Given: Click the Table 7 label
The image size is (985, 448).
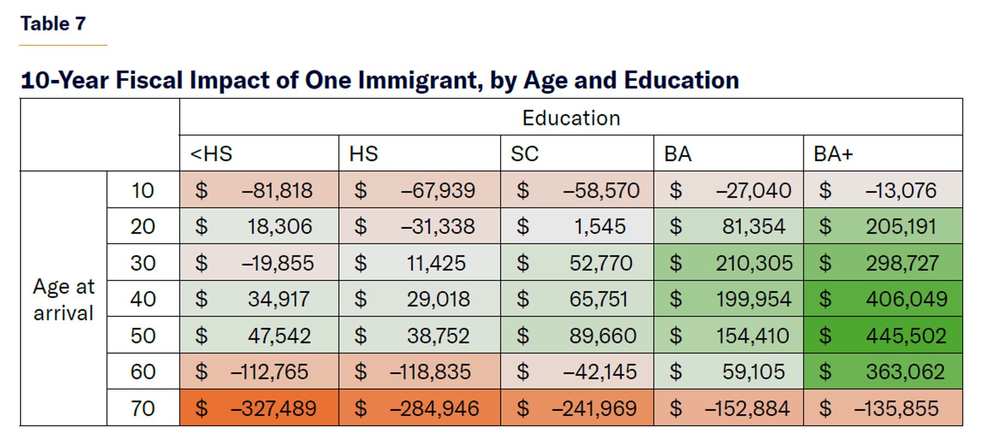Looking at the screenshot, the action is pyautogui.click(x=53, y=24).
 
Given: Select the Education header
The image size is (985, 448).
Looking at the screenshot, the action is pyautogui.click(x=571, y=118).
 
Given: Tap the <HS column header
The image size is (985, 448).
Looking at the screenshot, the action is pyautogui.click(x=211, y=154).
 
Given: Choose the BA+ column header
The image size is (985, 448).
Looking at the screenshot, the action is pyautogui.click(x=833, y=154).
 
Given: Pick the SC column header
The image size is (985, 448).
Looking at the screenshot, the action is pyautogui.click(x=525, y=154).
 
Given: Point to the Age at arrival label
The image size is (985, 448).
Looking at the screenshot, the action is pyautogui.click(x=63, y=300).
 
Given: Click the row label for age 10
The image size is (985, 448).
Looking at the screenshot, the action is pyautogui.click(x=143, y=190).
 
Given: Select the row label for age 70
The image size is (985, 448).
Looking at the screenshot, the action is pyautogui.click(x=143, y=408).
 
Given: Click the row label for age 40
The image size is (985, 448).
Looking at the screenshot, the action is pyautogui.click(x=143, y=299).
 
